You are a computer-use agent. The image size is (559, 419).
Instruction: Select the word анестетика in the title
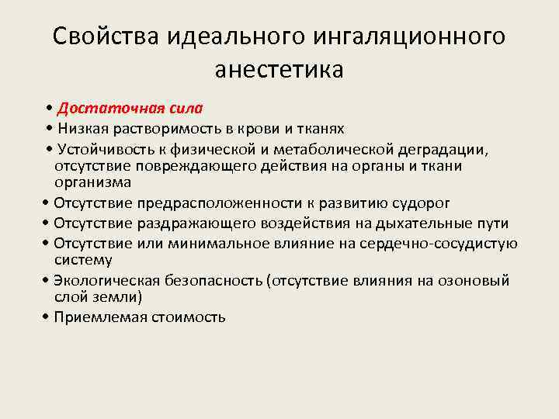[279, 69]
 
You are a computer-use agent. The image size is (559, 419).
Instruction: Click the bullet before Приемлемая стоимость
[47, 317]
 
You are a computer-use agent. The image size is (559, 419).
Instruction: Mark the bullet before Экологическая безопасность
[47, 279]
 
